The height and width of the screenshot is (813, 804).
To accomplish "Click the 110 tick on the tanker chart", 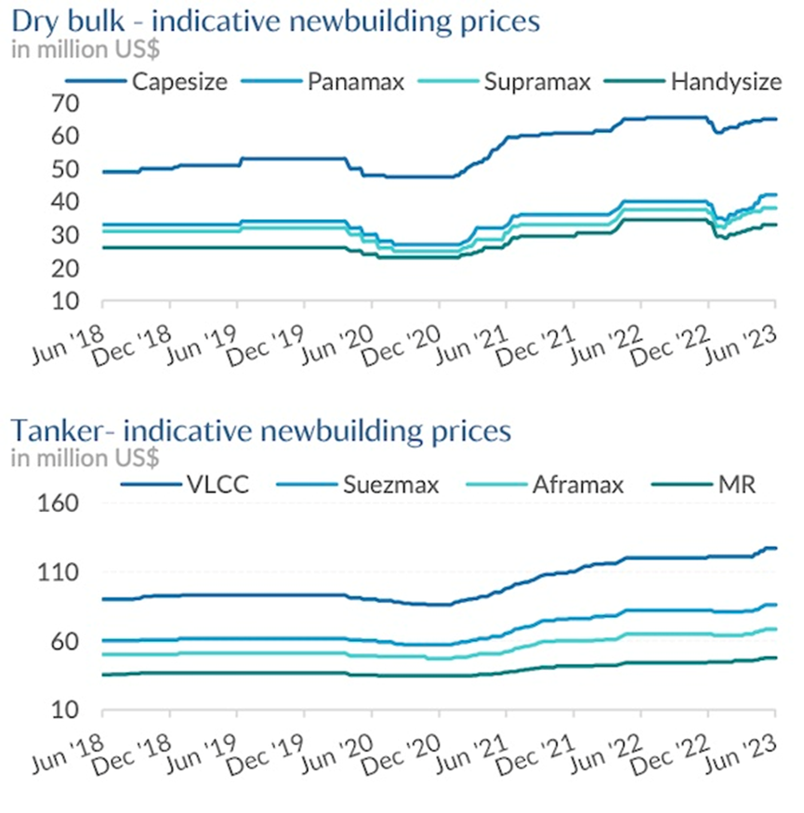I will point(66,573).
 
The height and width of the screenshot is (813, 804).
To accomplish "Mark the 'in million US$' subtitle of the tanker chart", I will point(85,457).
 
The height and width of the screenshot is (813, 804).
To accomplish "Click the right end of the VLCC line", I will point(776,548).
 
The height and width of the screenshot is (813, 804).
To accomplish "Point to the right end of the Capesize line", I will point(776,119).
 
